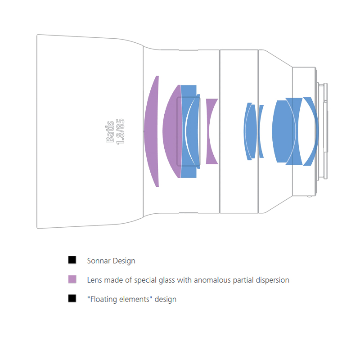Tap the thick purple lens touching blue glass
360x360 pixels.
click(172, 131)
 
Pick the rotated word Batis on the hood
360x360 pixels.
click(110, 131)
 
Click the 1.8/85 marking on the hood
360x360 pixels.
click(120, 131)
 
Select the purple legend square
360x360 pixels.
click(72, 279)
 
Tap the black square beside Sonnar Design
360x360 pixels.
click(72, 260)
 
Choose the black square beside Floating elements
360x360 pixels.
click(72, 298)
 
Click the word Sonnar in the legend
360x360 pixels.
click(99, 261)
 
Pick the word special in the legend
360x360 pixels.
click(144, 280)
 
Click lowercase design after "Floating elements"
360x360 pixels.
click(166, 300)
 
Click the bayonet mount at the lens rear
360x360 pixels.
click(323, 131)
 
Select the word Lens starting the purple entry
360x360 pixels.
click(94, 280)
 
